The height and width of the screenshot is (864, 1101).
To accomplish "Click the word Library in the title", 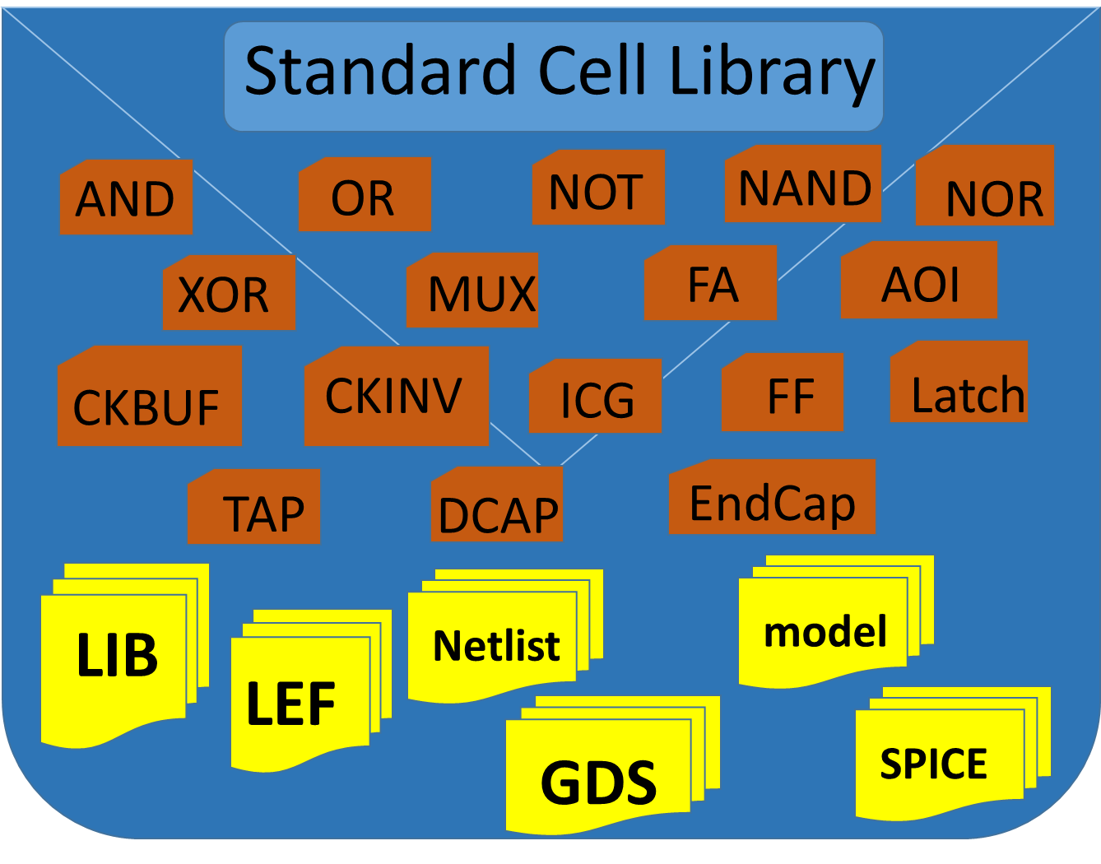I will [772, 72].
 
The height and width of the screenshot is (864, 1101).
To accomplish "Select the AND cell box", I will [126, 197].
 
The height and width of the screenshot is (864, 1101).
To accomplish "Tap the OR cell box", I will [365, 195].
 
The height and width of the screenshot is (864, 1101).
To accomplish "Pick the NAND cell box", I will [803, 184].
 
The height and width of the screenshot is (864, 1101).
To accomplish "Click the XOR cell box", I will [229, 293].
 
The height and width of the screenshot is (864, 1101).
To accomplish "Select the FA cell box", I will [711, 283].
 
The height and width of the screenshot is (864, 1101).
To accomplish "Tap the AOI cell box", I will [919, 281].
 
